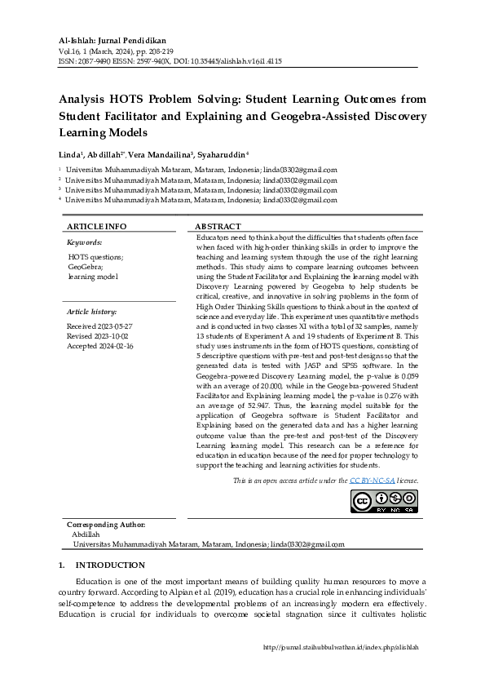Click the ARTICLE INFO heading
[x=96, y=226]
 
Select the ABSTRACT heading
[x=218, y=226]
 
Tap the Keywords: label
[x=84, y=242]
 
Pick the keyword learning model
[x=93, y=277]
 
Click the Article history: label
[x=91, y=312]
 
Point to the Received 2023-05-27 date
[x=99, y=326]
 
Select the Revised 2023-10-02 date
[x=99, y=335]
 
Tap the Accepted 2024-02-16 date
[x=100, y=346]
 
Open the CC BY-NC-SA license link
[x=372, y=481]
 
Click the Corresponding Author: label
[x=106, y=524]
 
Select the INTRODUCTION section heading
[x=110, y=565]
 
